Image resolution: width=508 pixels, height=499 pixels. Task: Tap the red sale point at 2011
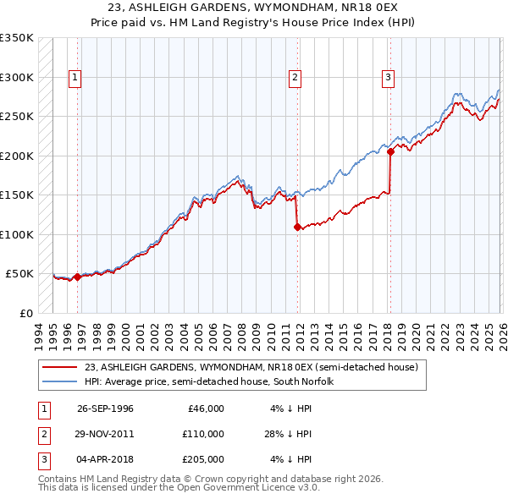click(x=297, y=227)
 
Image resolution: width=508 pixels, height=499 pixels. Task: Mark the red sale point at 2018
click(x=390, y=152)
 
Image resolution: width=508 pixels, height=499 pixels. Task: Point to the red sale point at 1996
click(x=78, y=277)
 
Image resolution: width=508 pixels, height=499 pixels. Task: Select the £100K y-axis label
click(x=17, y=234)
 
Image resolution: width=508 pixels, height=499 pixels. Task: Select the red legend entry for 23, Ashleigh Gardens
click(x=251, y=367)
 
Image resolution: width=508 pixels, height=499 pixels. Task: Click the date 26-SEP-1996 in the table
click(x=105, y=408)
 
